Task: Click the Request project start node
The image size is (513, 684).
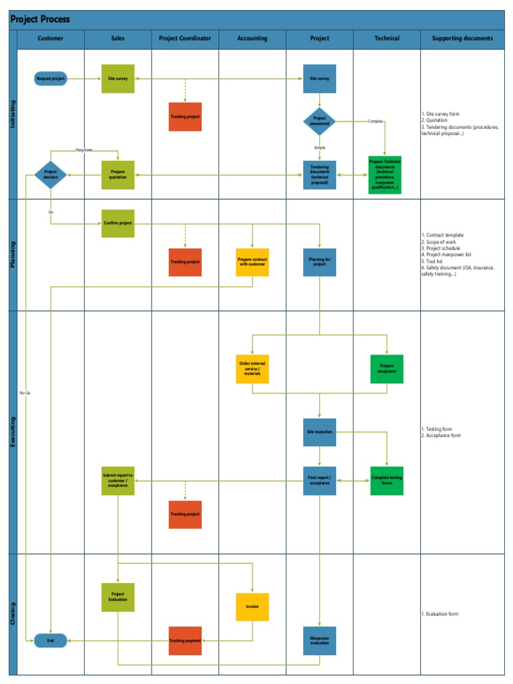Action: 51,79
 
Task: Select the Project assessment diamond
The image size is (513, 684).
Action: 319,122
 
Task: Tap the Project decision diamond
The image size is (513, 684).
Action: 51,175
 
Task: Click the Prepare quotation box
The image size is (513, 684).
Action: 118,175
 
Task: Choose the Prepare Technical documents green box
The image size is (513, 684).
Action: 385,175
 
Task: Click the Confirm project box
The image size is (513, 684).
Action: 118,223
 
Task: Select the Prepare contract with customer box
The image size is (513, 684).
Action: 252,262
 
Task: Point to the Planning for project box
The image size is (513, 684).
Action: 319,262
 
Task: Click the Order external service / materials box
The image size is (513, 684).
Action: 252,369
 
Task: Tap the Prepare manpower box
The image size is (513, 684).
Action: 387,369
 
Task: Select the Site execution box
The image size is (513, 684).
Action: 319,432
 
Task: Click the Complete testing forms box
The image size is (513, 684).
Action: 387,480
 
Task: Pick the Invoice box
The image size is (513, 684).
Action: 252,607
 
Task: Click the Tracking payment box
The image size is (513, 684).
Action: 185,641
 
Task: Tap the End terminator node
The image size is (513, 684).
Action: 51,641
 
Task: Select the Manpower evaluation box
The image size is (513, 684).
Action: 319,641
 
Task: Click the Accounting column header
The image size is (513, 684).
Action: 252,39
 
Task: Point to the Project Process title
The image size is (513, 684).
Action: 40,19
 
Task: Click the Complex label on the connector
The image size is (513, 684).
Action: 375,121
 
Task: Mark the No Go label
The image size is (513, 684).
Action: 25,393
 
